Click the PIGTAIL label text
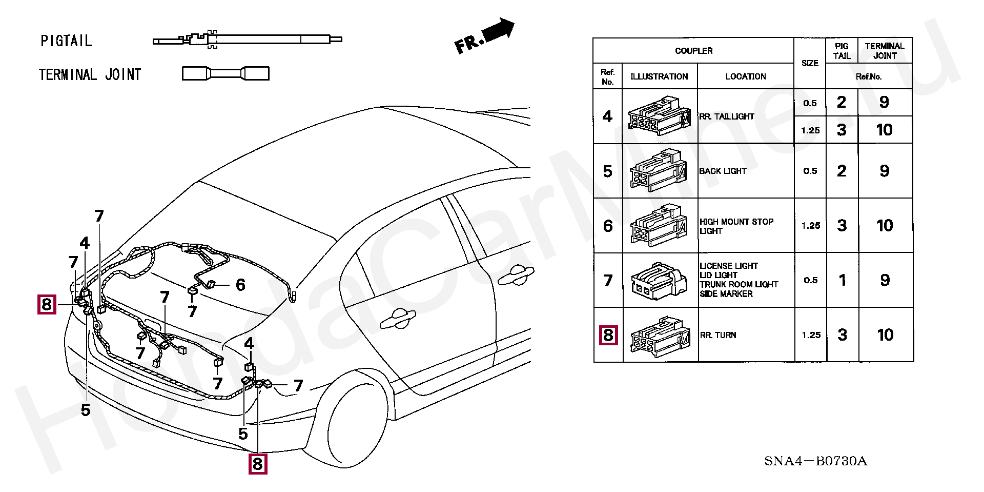click(66, 41)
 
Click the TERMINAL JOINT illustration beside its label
click(225, 73)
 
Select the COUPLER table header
click(693, 51)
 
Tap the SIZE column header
click(809, 63)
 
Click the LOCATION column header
click(745, 76)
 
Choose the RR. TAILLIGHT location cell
click(726, 116)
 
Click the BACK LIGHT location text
click(723, 171)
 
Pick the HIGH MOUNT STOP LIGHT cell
click(736, 226)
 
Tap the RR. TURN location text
click(718, 335)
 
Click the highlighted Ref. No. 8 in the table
click(608, 335)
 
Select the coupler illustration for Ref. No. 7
click(659, 281)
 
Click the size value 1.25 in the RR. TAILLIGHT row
click(810, 130)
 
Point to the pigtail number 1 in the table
click(842, 280)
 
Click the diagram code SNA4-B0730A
click(815, 461)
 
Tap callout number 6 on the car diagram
click(240, 285)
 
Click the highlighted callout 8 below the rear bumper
click(257, 464)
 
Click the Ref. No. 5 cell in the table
click(607, 171)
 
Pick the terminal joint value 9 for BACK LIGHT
click(884, 171)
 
